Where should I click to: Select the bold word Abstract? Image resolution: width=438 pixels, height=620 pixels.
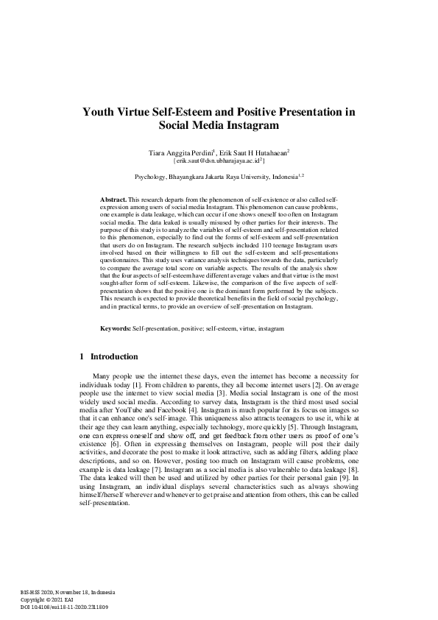pos(113,200)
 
